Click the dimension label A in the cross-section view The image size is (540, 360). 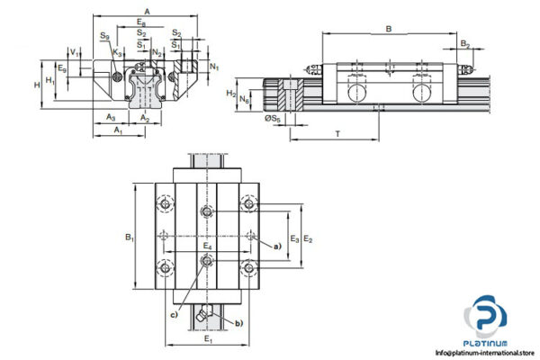pos(148,9)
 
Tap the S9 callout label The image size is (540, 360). pos(105,37)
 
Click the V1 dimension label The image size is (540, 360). pos(75,55)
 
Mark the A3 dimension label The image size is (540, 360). pos(110,117)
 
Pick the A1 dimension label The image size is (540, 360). pos(117,131)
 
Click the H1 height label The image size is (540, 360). pos(50,81)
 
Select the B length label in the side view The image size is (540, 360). pos(388,29)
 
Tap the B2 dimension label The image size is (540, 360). pos(464,43)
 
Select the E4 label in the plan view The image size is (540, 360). pos(207,246)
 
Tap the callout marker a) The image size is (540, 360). pos(277,244)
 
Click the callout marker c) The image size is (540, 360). pos(174,314)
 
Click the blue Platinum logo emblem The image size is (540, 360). pos(485,317)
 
